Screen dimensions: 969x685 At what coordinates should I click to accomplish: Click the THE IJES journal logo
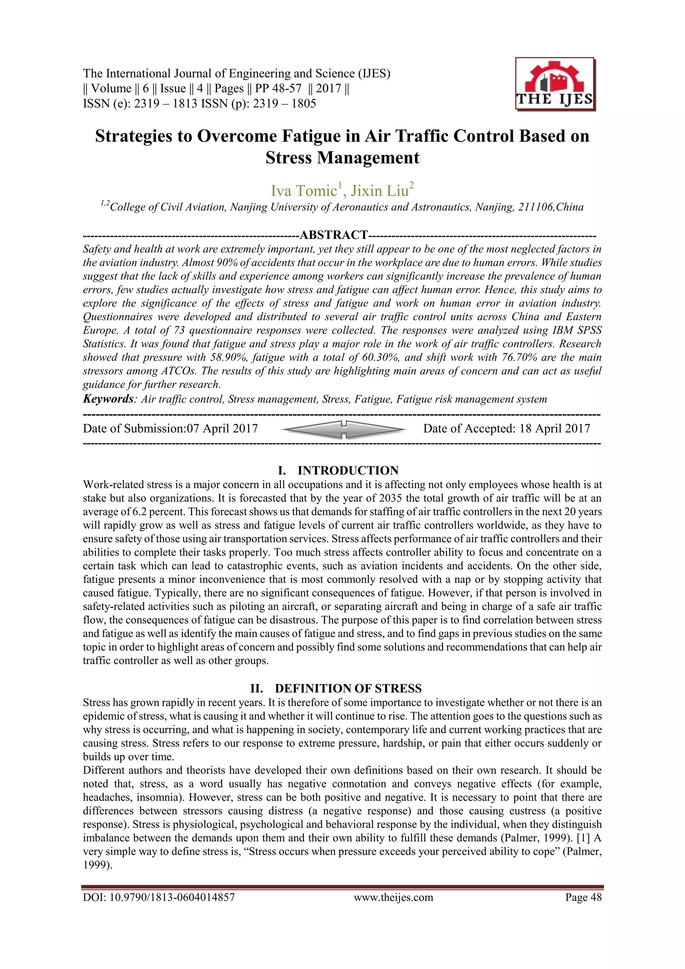click(555, 84)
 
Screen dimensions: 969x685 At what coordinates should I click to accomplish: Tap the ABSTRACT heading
click(333, 235)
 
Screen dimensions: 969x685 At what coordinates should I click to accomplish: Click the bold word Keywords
click(108, 399)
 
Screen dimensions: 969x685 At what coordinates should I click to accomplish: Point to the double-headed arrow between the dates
click(344, 429)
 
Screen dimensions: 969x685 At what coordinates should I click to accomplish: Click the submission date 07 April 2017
click(222, 429)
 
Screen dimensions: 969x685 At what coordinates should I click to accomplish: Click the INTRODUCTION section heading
click(348, 471)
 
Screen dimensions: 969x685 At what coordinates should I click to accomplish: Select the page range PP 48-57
click(278, 89)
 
